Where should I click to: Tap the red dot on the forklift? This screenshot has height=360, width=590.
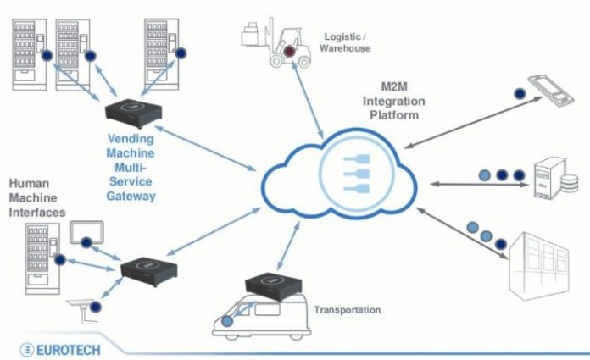[290, 53]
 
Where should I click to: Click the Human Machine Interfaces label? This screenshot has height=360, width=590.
[36, 197]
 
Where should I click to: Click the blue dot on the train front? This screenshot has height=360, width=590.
[227, 320]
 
